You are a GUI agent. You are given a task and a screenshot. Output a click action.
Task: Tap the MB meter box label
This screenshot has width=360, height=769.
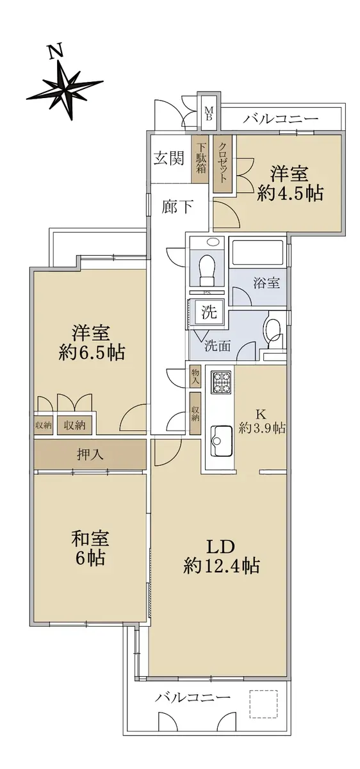[x=209, y=113]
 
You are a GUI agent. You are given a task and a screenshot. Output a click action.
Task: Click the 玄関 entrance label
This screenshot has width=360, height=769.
[x=169, y=158]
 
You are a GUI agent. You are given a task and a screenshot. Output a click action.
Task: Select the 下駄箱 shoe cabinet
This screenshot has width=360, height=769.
[x=200, y=159]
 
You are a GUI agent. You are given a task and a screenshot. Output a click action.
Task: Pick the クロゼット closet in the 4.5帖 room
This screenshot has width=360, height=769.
[x=222, y=164]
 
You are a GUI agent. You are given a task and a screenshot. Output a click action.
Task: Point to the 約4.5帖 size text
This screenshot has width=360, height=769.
[x=290, y=194]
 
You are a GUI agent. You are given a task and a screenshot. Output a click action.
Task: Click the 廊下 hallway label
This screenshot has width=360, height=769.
[x=177, y=206]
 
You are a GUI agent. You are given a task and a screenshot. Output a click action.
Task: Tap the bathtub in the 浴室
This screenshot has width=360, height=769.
[x=257, y=252]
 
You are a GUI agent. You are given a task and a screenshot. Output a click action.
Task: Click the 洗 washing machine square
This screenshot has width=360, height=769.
[x=209, y=311]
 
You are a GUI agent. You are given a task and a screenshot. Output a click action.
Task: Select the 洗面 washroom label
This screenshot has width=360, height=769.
[x=218, y=345]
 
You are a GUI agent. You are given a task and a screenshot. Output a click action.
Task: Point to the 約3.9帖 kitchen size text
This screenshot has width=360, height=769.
[x=262, y=428]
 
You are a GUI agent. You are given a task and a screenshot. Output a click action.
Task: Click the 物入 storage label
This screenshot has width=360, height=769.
[x=195, y=377]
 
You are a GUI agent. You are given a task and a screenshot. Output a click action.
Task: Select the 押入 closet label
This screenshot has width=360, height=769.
[x=90, y=454]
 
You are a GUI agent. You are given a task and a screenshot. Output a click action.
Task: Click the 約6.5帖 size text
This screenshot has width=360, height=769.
[x=92, y=352]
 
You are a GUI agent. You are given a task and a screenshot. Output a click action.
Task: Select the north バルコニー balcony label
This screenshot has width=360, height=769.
[x=281, y=119]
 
